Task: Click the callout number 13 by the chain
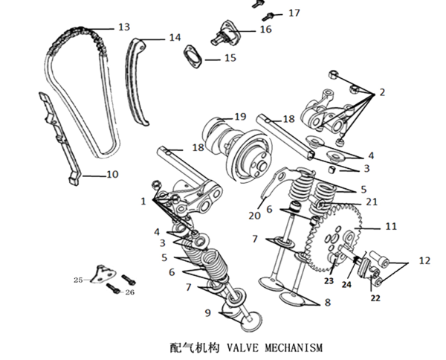(124, 27)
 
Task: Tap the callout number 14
(174, 37)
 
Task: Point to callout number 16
(265, 30)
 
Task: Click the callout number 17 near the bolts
(294, 13)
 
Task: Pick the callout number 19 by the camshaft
(240, 117)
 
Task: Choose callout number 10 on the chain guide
(112, 176)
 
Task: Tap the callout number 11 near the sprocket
(391, 226)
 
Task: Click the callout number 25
(78, 280)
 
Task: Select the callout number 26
(131, 292)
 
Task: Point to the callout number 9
(208, 312)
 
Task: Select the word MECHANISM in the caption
(292, 347)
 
